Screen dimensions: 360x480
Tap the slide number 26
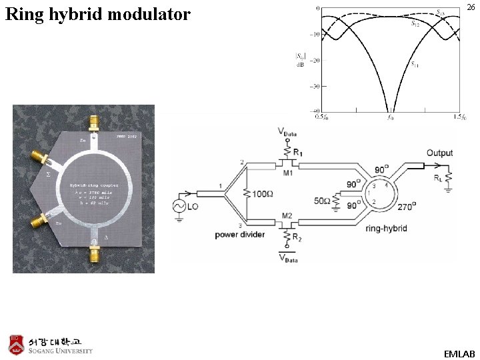[x=471, y=7]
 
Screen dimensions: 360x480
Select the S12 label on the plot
[x=415, y=23]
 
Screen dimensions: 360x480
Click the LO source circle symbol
[x=179, y=207]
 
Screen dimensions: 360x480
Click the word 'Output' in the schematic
[x=439, y=153]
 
